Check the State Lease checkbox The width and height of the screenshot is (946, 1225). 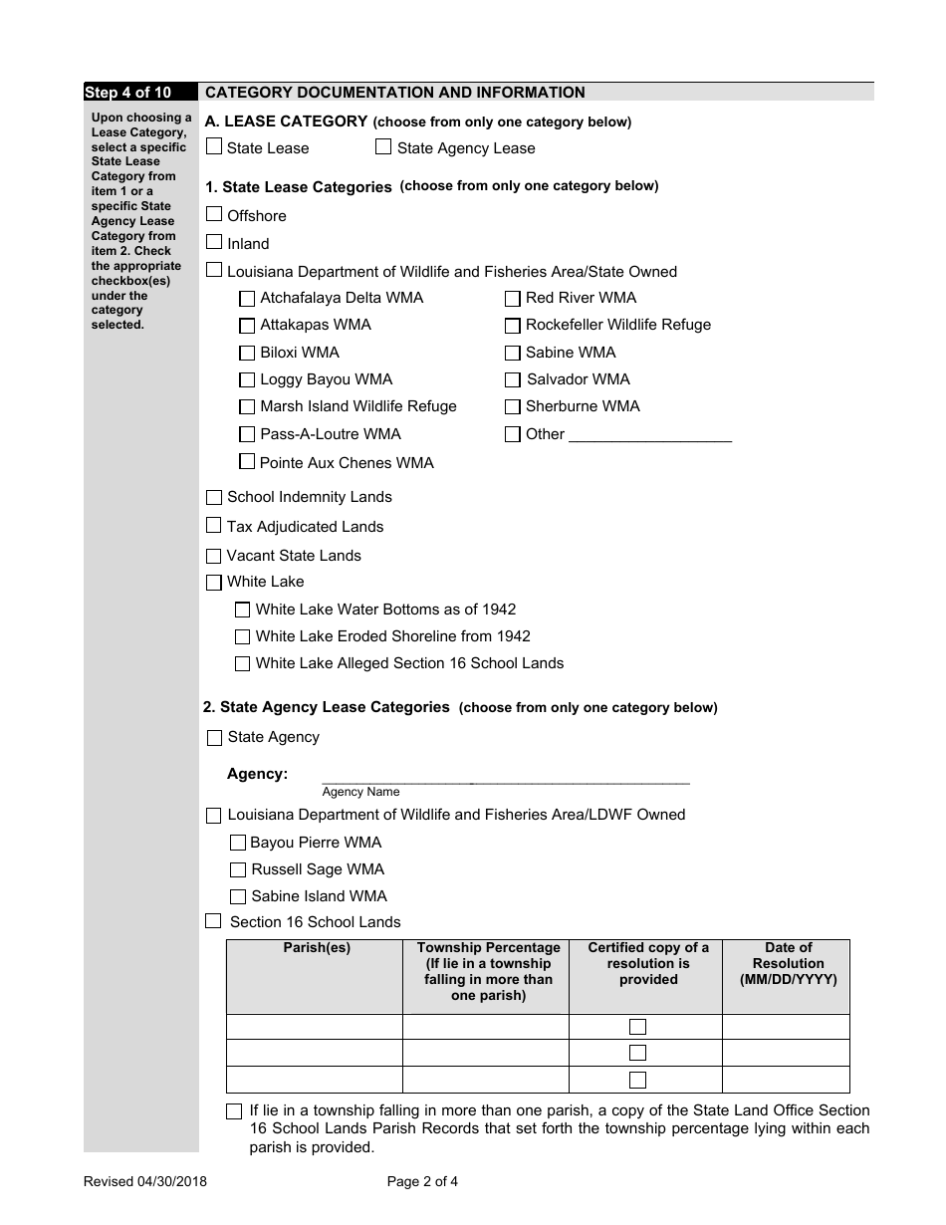click(x=214, y=146)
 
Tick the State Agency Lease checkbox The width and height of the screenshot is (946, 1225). click(x=383, y=146)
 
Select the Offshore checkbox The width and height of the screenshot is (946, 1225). click(x=214, y=214)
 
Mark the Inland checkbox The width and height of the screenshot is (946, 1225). click(x=214, y=242)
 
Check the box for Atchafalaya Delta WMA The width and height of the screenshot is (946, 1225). click(x=247, y=298)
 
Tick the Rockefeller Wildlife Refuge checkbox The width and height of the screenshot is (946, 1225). click(x=513, y=325)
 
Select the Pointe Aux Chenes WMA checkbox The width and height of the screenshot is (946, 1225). click(x=247, y=461)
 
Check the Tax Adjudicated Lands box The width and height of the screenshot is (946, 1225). click(x=214, y=525)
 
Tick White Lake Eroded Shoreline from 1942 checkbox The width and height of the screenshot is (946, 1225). click(x=243, y=636)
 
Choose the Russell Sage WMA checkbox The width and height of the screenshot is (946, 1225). click(x=238, y=869)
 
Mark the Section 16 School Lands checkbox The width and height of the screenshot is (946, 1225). click(x=213, y=921)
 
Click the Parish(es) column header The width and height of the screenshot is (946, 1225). click(x=316, y=948)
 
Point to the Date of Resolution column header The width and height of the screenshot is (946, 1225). click(x=788, y=963)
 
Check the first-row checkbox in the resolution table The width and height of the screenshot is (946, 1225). click(x=638, y=1027)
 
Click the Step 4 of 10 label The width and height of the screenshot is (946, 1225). click(x=127, y=93)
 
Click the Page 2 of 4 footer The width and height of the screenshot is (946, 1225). click(x=422, y=1182)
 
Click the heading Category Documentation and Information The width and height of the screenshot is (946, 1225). click(x=395, y=93)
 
